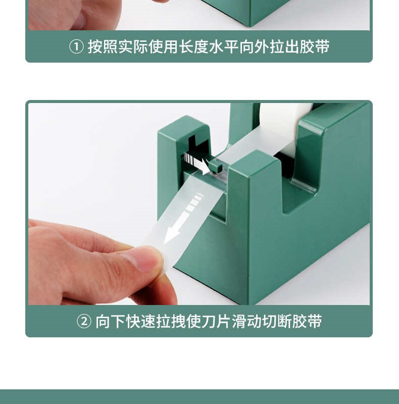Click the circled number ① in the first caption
pyautogui.click(x=76, y=47)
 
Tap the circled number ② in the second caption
pyautogui.click(x=84, y=321)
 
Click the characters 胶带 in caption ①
pyautogui.click(x=315, y=47)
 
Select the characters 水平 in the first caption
pyautogui.click(x=224, y=47)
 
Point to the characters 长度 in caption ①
pyautogui.click(x=193, y=47)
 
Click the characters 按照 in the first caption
pyautogui.click(x=103, y=47)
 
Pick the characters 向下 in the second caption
pyautogui.click(x=110, y=321)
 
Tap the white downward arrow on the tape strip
pyautogui.click(x=182, y=220)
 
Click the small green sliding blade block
pyautogui.click(x=216, y=166)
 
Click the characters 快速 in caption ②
pyautogui.click(x=140, y=321)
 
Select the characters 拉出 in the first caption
pyautogui.click(x=284, y=47)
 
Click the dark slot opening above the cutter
pyautogui.click(x=197, y=147)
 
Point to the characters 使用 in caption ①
pyautogui.click(x=164, y=47)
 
